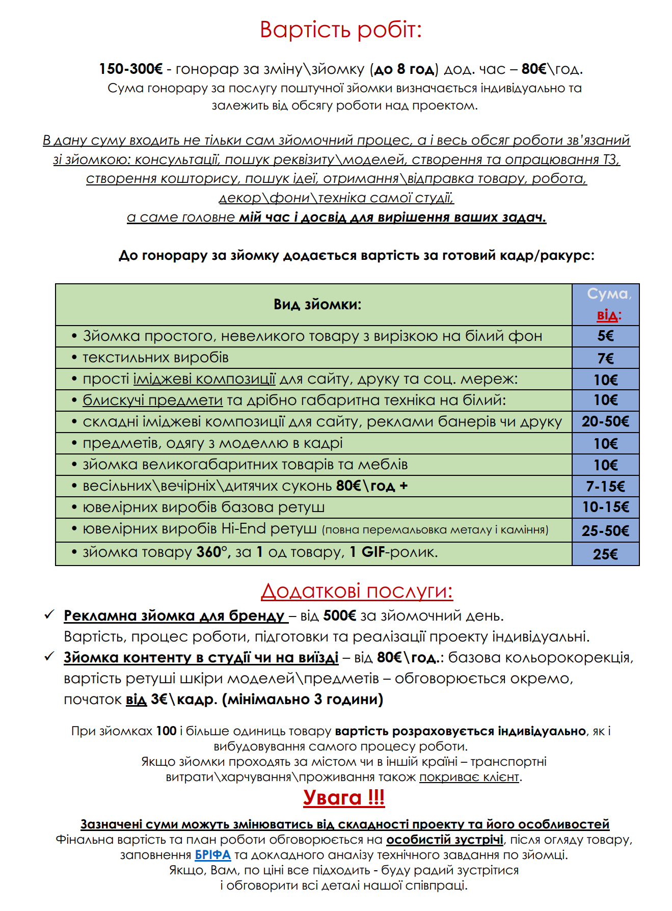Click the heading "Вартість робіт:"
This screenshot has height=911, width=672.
(340, 30)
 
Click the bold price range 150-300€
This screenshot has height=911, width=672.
(130, 69)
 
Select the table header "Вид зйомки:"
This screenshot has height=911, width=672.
(317, 305)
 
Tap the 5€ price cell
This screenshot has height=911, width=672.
(605, 336)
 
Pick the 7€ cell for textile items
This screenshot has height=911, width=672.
(605, 358)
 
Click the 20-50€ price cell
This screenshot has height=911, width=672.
(605, 421)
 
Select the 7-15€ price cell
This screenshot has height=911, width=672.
(605, 486)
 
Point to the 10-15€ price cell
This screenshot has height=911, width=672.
(605, 507)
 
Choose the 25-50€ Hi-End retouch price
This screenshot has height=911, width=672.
(605, 530)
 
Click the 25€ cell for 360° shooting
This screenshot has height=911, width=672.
(605, 554)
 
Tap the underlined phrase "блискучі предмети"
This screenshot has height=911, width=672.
(152, 400)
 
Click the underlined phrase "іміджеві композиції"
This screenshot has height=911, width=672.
(204, 379)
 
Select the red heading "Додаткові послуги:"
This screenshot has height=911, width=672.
(357, 591)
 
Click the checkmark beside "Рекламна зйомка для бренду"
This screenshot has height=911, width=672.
(49, 615)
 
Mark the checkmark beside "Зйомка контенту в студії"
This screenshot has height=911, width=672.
(49, 657)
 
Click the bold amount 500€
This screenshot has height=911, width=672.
(339, 616)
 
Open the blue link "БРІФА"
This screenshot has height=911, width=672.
(212, 854)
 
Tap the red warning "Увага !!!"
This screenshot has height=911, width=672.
(344, 797)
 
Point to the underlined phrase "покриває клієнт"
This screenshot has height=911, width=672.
(469, 777)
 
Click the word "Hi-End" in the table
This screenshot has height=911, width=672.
(244, 529)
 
